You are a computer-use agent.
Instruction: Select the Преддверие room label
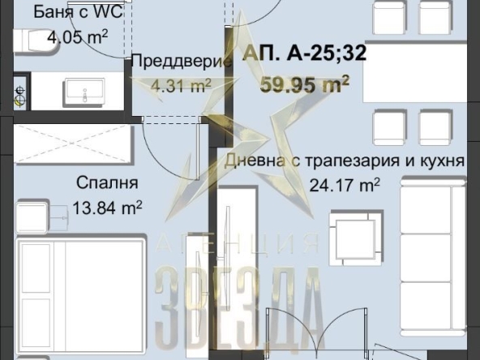pos(170,61)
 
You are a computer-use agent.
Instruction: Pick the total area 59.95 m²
pos(305,82)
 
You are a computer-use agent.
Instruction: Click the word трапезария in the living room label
pos(345,161)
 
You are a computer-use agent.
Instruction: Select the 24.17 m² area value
pos(345,185)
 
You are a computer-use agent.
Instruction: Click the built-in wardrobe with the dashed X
pos(73,144)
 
